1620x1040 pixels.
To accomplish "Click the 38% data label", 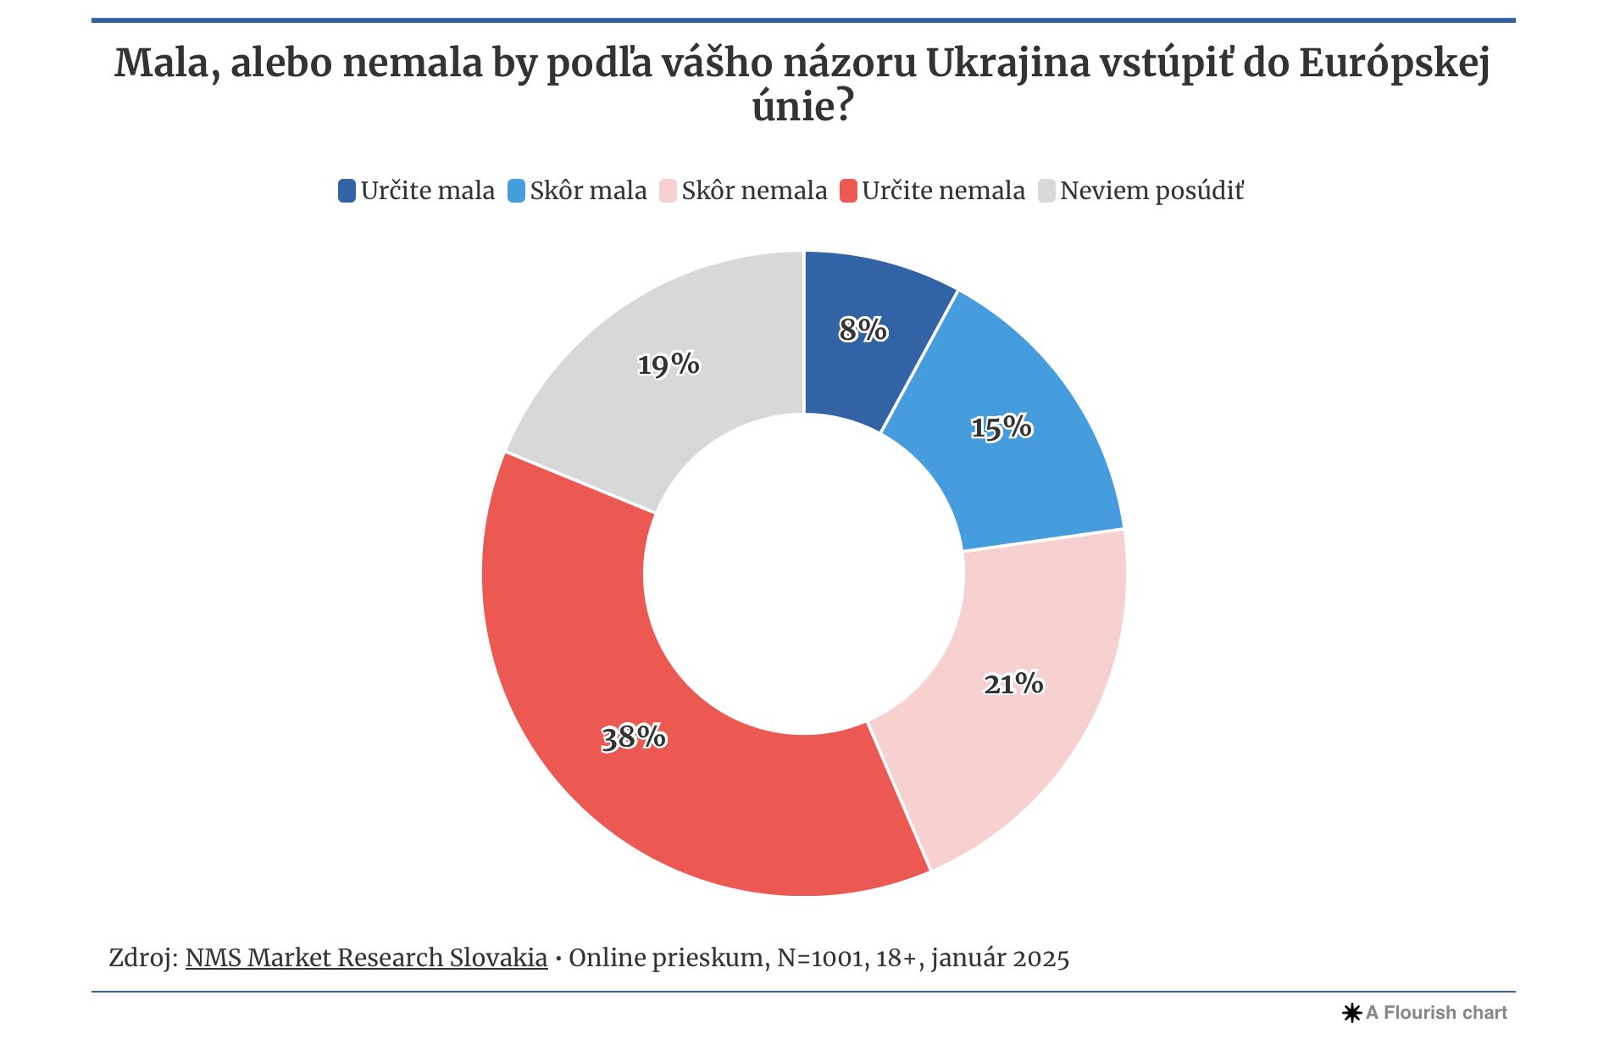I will (x=634, y=737).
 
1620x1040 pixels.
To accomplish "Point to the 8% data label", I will (x=863, y=329).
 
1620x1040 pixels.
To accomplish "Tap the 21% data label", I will (x=1013, y=683).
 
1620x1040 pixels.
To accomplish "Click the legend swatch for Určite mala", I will (x=347, y=191).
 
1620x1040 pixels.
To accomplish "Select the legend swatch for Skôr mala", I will (x=516, y=191).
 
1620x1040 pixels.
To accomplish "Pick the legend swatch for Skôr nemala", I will (x=668, y=191).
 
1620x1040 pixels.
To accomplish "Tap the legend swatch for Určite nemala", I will (x=848, y=191).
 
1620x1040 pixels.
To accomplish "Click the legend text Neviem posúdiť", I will (x=1151, y=191).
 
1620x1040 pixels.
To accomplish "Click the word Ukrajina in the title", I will (x=1007, y=63).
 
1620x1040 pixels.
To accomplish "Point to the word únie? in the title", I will (x=802, y=107).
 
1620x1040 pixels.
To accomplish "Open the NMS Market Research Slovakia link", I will (x=366, y=958).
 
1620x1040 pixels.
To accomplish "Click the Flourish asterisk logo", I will (x=1351, y=1013).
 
